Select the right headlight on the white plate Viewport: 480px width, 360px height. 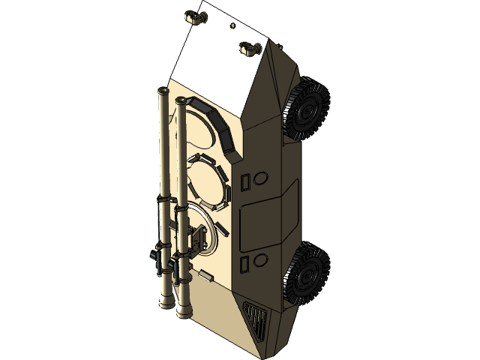(x=248, y=49)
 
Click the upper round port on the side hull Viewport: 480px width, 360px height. (x=260, y=178)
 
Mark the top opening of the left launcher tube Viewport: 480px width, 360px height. (x=162, y=91)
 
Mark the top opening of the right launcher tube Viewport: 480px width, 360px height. (x=181, y=100)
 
